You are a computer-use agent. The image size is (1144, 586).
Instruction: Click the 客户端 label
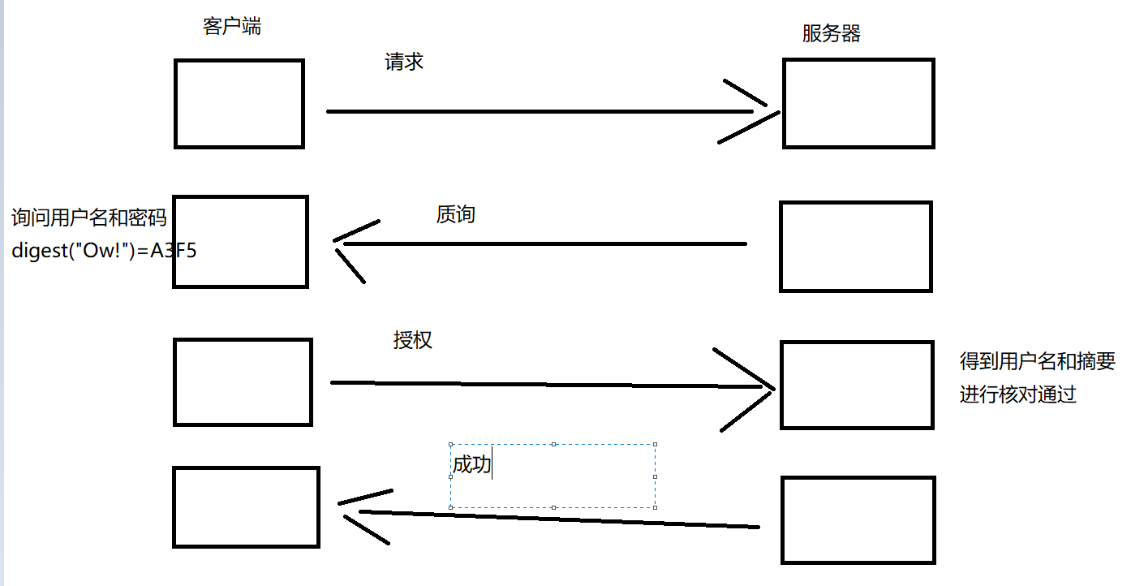[x=232, y=27]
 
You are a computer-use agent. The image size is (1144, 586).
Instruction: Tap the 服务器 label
[x=832, y=34]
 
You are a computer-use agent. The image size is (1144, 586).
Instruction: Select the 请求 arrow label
[x=404, y=62]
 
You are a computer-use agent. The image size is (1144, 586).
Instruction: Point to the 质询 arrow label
[x=456, y=215]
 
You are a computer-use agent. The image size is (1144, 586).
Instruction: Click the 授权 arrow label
[x=413, y=340]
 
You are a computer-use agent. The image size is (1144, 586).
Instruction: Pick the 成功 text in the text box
[x=472, y=465]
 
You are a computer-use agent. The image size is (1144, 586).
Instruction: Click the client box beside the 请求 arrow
[x=239, y=104]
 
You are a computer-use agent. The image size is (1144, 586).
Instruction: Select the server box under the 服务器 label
[x=858, y=104]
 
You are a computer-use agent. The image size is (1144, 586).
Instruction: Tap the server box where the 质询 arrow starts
[x=856, y=247]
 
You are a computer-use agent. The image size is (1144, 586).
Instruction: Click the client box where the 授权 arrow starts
[x=243, y=382]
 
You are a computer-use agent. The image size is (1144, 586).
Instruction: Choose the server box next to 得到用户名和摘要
[x=857, y=386]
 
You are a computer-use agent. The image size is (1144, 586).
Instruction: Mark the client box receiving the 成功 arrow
[x=246, y=507]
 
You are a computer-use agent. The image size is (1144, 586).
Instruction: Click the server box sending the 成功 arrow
[x=858, y=520]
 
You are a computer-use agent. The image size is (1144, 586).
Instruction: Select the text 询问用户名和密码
[x=89, y=218]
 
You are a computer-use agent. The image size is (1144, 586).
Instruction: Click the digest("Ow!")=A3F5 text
[x=104, y=251]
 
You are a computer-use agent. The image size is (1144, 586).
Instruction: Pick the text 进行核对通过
[x=1017, y=395]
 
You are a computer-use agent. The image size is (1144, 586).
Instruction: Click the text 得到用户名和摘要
[x=1038, y=361]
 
